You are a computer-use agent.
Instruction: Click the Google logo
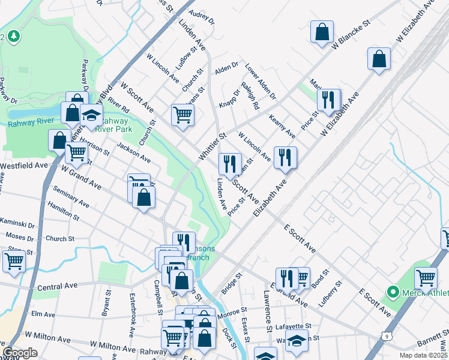tap(20, 353)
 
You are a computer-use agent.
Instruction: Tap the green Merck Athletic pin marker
tap(393, 292)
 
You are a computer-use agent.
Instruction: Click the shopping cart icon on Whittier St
tap(182, 114)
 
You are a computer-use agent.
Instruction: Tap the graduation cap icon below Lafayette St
tap(296, 340)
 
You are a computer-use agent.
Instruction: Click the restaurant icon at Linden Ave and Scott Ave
tap(229, 163)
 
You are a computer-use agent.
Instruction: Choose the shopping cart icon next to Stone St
tap(14, 261)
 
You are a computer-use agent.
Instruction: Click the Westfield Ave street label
tap(24, 164)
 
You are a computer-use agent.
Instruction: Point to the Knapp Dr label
tap(229, 99)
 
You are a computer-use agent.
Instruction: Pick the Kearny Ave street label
tap(282, 125)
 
